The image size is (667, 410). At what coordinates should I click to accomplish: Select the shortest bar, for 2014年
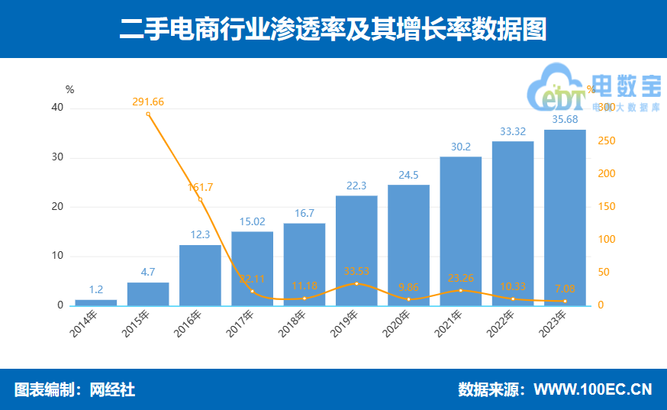click(96, 302)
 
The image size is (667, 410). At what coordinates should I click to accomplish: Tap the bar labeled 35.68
click(565, 218)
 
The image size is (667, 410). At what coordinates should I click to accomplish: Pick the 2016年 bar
click(200, 275)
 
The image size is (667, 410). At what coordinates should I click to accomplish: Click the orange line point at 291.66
click(148, 114)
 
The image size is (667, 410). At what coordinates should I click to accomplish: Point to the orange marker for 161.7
click(200, 199)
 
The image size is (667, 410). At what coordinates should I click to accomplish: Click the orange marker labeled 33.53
click(356, 283)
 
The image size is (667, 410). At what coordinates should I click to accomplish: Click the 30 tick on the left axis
click(57, 157)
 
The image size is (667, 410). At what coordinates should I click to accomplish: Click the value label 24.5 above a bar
click(408, 175)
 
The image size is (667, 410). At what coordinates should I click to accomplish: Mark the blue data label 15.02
click(252, 221)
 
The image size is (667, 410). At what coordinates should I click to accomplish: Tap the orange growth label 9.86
click(408, 288)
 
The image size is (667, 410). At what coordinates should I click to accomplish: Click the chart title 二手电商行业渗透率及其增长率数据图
click(333, 29)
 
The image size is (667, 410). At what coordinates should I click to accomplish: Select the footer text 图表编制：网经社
click(75, 389)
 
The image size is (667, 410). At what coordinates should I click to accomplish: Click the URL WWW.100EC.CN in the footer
click(592, 389)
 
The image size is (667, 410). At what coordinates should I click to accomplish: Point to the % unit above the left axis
click(69, 90)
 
